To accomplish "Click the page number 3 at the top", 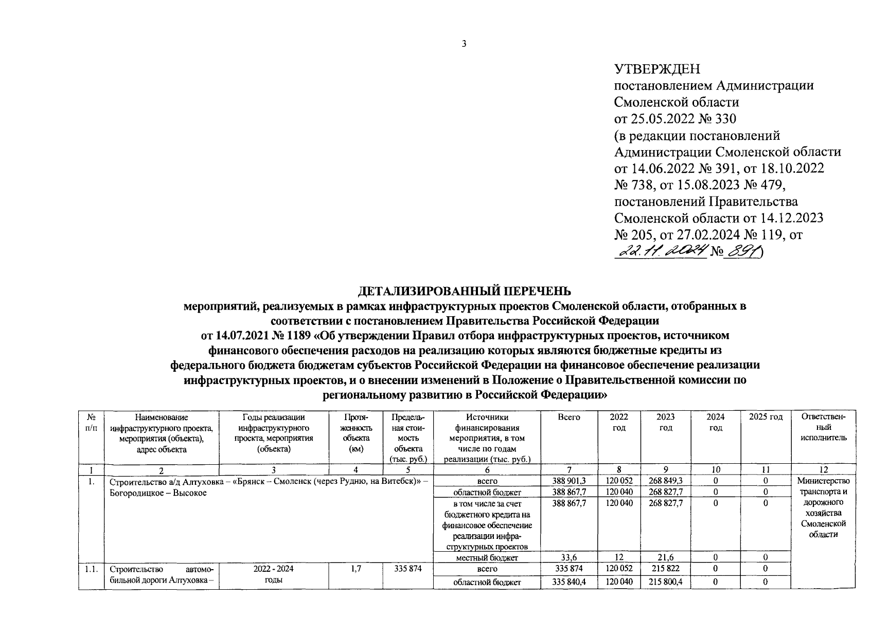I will pos(464,44).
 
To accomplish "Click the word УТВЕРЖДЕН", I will pos(657,69).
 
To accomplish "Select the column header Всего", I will pos(568,418).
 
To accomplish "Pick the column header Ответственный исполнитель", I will pos(823,428).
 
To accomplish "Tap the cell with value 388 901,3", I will pos(568,481).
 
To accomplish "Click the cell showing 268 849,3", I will pos(665,481).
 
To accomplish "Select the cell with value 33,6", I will pos(568,557).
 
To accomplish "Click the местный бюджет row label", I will pos(487,557).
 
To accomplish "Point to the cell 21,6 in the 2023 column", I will pos(665,557).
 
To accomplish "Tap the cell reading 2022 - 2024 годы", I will pos(274,574).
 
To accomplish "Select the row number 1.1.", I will pos(91,569).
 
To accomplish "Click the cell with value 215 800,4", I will pos(665,582).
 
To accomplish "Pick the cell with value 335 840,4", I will pos(568,582).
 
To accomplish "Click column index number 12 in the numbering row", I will pos(823,469).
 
